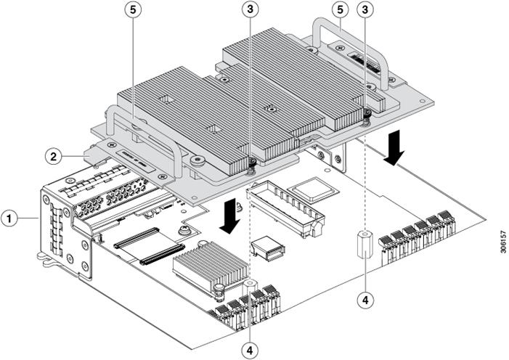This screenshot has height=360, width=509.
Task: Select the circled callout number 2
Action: coord(52,155)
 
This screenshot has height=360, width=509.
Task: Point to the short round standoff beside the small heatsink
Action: coord(251,284)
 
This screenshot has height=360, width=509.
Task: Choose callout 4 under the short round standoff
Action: coord(251,348)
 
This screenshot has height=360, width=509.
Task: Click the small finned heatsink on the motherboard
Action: coord(209,265)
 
